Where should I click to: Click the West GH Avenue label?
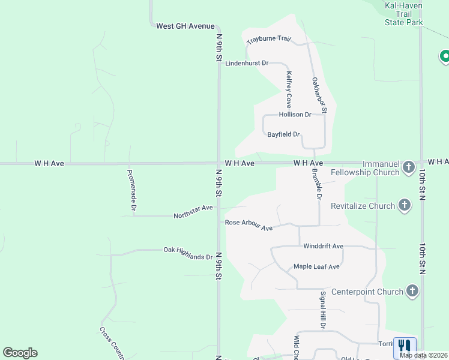click(185, 26)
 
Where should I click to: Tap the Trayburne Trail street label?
click(269, 40)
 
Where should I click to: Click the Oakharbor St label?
click(319, 95)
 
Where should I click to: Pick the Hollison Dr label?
click(295, 115)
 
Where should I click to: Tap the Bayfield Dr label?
click(283, 134)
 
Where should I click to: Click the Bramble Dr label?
click(317, 184)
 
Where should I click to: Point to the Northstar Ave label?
click(193, 212)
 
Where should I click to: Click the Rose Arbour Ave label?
click(249, 225)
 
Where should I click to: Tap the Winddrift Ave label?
click(323, 246)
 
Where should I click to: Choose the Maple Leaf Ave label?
click(316, 266)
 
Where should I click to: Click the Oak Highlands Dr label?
click(188, 253)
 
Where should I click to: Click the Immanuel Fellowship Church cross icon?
click(409, 167)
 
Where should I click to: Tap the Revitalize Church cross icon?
click(405, 206)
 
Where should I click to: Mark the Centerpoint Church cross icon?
click(412, 292)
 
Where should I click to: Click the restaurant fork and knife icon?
click(405, 346)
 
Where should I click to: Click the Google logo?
click(20, 353)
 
